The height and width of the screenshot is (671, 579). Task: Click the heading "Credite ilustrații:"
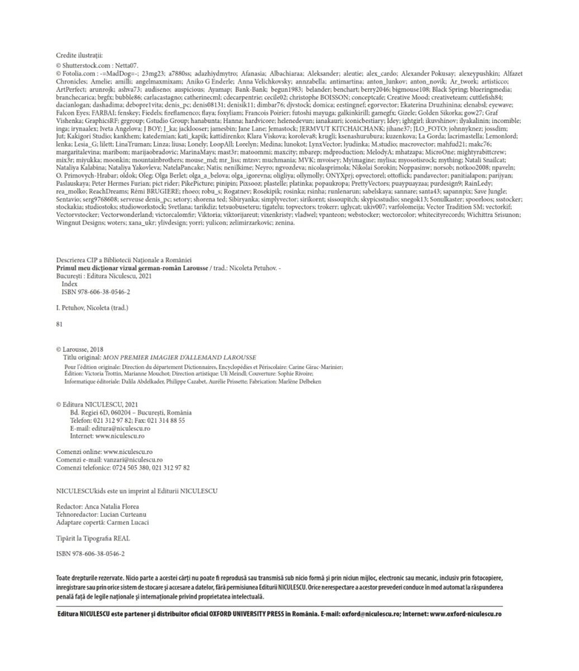80,55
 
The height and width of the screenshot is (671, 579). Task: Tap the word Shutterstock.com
86,66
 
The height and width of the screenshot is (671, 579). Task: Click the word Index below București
69,284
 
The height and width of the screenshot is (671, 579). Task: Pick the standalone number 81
60,324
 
